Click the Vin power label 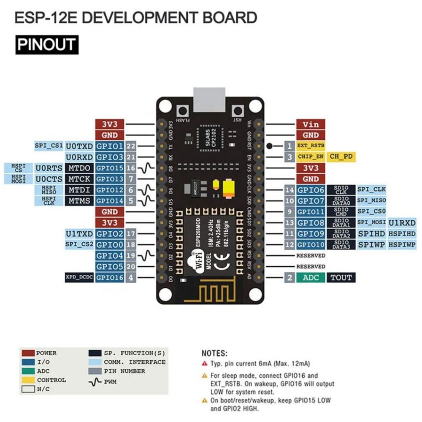click(311, 124)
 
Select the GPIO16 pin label click(110, 277)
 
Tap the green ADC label click(311, 277)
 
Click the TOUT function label click(341, 277)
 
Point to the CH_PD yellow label click(341, 157)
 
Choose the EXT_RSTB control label click(311, 146)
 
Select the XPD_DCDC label click(79, 277)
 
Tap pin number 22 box click(131, 146)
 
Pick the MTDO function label click(79, 168)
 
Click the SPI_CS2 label click(79, 244)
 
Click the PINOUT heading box click(46, 44)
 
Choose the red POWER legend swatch click(28, 353)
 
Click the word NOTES click(214, 353)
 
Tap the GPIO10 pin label click(311, 244)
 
